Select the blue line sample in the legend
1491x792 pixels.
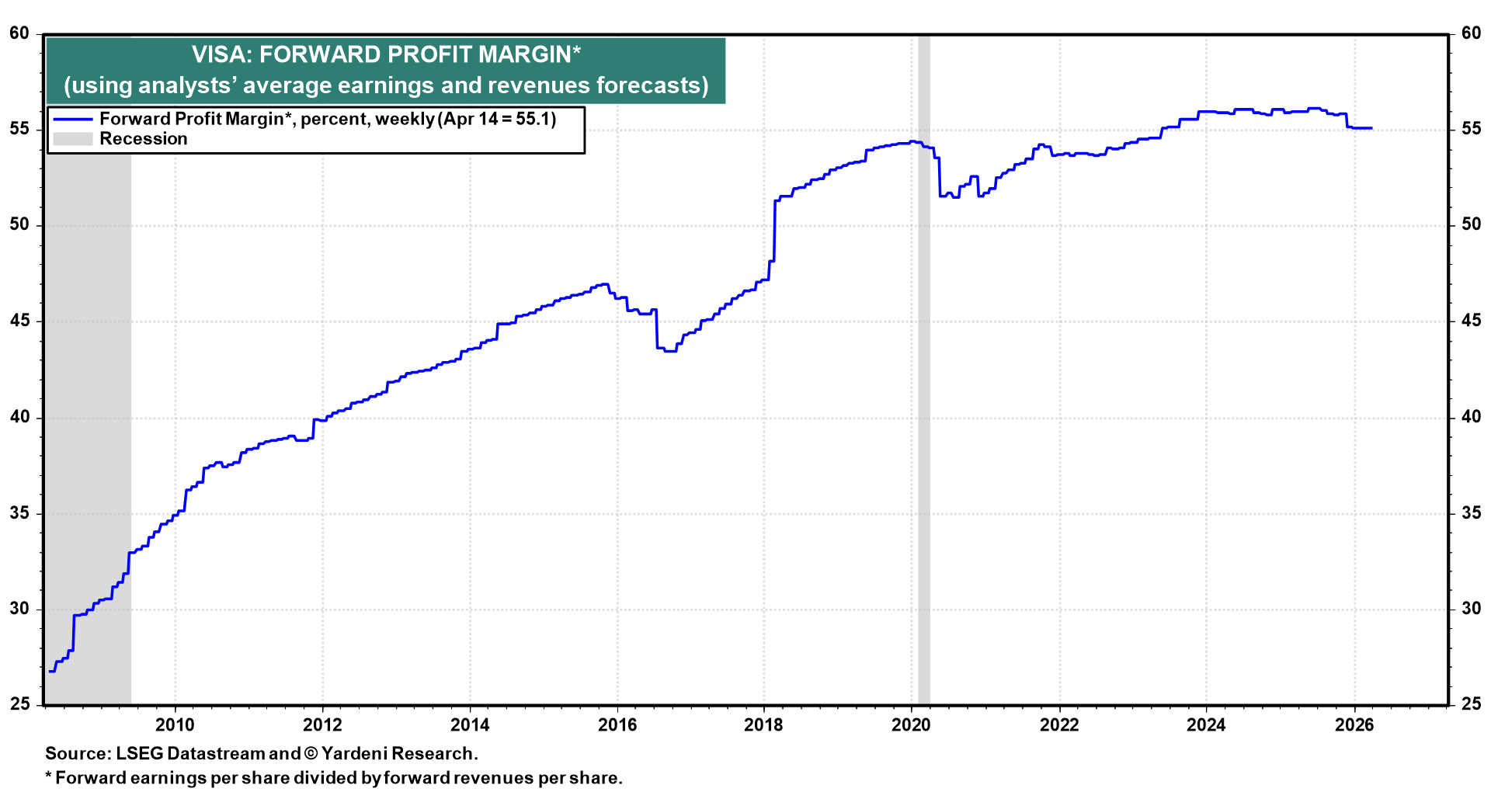tap(72, 120)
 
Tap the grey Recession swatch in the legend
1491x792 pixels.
tap(72, 139)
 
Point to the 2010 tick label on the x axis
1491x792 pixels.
tap(175, 725)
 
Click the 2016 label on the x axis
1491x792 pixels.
tap(617, 725)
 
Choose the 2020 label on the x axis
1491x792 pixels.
tap(911, 725)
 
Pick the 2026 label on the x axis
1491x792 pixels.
tap(1354, 725)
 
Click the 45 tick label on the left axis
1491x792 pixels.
tap(19, 321)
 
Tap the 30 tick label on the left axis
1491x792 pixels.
tap(19, 609)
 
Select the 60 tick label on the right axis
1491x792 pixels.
tap(1471, 33)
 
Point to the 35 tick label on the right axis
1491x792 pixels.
tap(1471, 513)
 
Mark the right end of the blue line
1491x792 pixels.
tap(1371, 128)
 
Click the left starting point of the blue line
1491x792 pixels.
tap(50, 671)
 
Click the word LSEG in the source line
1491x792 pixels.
tap(139, 754)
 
